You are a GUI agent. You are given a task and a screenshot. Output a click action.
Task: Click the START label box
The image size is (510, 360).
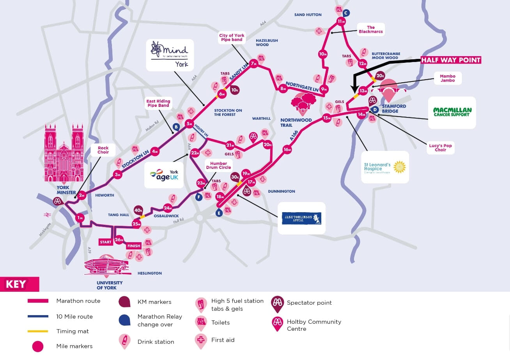[105, 242]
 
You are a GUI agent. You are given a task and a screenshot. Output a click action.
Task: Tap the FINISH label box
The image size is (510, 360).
[133, 246]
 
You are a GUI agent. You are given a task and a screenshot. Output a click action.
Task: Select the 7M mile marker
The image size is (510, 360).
[254, 64]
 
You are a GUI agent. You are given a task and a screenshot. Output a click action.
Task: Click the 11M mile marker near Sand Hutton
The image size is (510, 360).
[342, 21]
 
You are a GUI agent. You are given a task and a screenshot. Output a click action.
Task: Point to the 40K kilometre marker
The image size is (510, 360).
[138, 210]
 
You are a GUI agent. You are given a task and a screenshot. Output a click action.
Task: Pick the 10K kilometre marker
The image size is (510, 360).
[235, 90]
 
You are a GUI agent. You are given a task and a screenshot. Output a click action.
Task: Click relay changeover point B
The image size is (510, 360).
[176, 127]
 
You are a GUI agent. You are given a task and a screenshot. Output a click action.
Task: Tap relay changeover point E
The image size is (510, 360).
[219, 213]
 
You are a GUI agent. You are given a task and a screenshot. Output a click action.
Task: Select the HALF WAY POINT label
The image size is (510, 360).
[450, 60]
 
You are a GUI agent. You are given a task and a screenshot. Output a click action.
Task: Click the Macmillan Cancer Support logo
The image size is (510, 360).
[452, 112]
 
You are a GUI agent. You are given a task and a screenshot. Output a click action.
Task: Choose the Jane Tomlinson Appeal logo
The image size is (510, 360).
[301, 218]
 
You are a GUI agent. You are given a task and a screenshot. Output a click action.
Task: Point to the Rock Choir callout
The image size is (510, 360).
[103, 150]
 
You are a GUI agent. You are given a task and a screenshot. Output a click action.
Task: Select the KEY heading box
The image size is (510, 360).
[19, 284]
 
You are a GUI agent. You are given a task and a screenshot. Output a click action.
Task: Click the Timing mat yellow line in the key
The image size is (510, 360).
[38, 331]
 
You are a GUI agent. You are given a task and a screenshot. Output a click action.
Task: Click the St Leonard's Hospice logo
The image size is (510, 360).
[385, 167]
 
